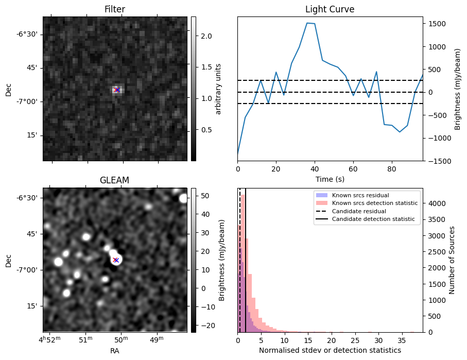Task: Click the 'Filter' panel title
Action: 114,9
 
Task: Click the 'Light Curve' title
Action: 330,9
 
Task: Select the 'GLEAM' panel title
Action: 114,180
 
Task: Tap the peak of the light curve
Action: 307,23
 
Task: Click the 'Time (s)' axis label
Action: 330,179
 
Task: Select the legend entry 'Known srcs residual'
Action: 360,195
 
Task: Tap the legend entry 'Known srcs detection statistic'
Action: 374,203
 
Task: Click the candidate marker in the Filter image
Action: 117,90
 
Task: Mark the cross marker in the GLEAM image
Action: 116,260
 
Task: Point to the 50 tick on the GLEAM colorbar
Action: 202,196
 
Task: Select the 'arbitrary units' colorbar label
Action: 218,89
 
